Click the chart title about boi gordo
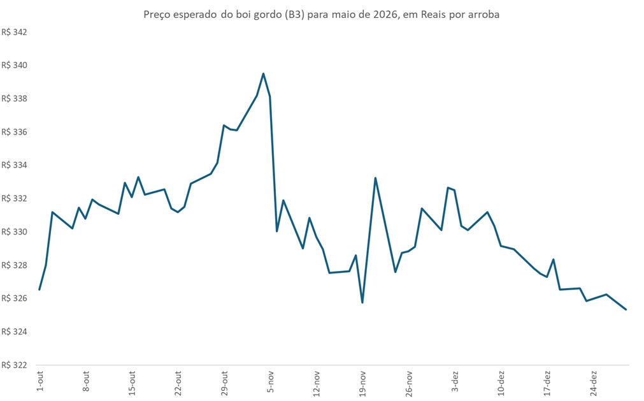point(322,15)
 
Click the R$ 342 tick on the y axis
point(15,32)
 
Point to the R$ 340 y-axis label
point(15,65)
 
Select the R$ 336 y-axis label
point(15,132)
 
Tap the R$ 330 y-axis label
point(15,232)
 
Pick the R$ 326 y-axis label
point(15,298)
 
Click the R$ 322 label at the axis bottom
point(15,365)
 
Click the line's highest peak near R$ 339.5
point(263,73)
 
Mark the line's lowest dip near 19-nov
point(362,302)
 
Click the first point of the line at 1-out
point(39,289)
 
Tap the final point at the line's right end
point(626,309)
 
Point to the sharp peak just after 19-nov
point(375,178)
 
